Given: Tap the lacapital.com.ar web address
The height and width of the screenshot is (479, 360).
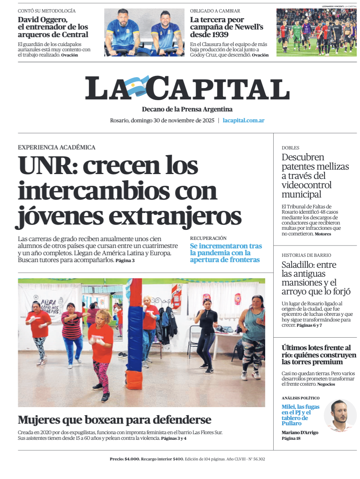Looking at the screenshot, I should (243, 120).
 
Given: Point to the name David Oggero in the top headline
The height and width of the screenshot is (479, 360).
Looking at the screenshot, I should (42, 19).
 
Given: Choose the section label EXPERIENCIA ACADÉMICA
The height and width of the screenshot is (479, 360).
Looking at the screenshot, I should (57, 147).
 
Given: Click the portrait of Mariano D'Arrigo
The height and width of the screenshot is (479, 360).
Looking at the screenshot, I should (340, 416).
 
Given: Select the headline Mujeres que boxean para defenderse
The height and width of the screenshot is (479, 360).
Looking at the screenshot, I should (114, 420).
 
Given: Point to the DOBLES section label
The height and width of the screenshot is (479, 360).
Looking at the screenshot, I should (290, 148).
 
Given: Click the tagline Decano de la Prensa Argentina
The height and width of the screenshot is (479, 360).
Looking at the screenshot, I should (187, 109).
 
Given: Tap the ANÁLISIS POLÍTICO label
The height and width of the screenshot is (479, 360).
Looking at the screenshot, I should (300, 398).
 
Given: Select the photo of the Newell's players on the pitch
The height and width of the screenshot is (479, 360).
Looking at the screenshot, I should (316, 32).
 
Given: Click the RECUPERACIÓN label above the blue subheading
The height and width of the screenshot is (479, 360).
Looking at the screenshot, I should (208, 238).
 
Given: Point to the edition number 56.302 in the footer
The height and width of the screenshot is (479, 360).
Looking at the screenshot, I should (256, 459).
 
